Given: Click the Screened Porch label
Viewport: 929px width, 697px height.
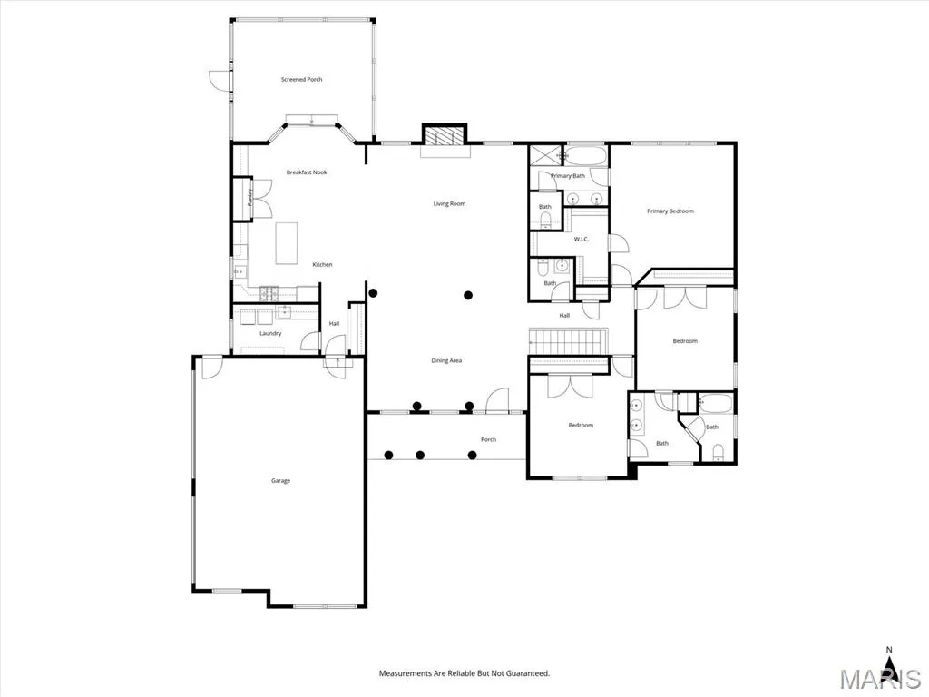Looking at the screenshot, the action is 301,80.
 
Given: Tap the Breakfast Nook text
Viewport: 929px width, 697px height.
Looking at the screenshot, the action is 307,172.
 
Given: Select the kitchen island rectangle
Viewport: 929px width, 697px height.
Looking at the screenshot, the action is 287,243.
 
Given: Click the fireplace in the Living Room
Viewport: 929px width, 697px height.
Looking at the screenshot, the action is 445,136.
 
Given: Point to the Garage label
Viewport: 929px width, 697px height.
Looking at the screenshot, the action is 281,481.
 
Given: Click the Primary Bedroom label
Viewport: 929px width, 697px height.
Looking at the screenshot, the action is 670,211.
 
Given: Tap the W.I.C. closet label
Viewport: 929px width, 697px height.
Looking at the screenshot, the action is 582,239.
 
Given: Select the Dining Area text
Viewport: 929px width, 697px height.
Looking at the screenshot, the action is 446,360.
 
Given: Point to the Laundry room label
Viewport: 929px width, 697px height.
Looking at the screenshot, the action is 270,334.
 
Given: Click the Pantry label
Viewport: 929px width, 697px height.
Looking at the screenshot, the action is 250,197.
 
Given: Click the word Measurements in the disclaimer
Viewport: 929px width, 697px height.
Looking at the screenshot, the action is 405,673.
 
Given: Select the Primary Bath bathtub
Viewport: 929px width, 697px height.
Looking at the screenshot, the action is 585,156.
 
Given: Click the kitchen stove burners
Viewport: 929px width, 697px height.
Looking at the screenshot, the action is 269,291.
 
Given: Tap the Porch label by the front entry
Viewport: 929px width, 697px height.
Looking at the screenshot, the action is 488,439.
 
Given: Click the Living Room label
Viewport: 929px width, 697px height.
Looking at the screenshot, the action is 449,204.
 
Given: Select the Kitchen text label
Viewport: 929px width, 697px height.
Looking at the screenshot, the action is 322,265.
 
